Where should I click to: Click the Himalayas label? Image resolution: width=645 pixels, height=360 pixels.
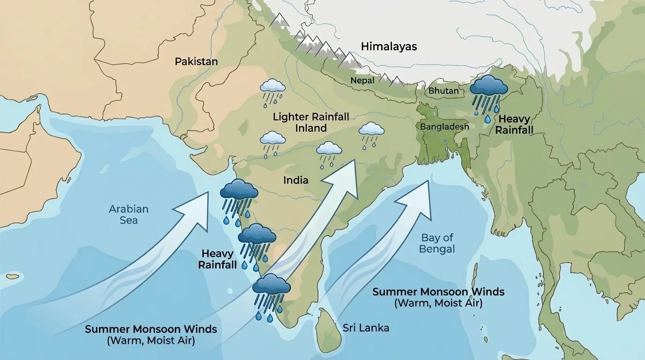389,46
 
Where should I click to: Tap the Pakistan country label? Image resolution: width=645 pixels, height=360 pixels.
196,61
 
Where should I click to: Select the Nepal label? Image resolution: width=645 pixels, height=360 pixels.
362,81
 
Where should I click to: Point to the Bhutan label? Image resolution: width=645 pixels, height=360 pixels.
443,90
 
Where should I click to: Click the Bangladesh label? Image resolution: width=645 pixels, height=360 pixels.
444,127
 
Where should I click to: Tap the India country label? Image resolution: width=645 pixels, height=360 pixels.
296,180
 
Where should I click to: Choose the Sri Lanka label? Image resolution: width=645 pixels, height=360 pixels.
366,328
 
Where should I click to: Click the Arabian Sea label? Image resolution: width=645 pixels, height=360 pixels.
128,214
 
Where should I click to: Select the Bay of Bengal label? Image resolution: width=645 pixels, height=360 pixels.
437,243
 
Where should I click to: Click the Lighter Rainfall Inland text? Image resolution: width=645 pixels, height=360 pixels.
311,122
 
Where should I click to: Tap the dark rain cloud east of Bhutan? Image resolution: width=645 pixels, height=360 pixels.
488,87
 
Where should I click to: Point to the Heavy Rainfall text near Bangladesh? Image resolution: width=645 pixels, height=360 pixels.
514,125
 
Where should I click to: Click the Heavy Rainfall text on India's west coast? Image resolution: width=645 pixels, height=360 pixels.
217,259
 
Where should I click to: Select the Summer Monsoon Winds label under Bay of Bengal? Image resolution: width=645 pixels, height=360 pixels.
438,297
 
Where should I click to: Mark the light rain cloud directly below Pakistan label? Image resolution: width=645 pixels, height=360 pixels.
273,86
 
